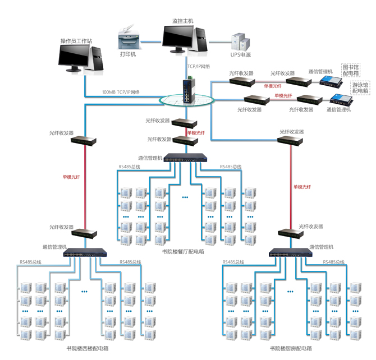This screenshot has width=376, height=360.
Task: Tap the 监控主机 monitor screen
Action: (180, 37)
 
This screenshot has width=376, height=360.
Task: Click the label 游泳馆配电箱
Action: (360, 87)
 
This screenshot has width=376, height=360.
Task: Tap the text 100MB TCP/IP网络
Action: (121, 92)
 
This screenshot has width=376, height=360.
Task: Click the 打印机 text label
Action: (128, 54)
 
